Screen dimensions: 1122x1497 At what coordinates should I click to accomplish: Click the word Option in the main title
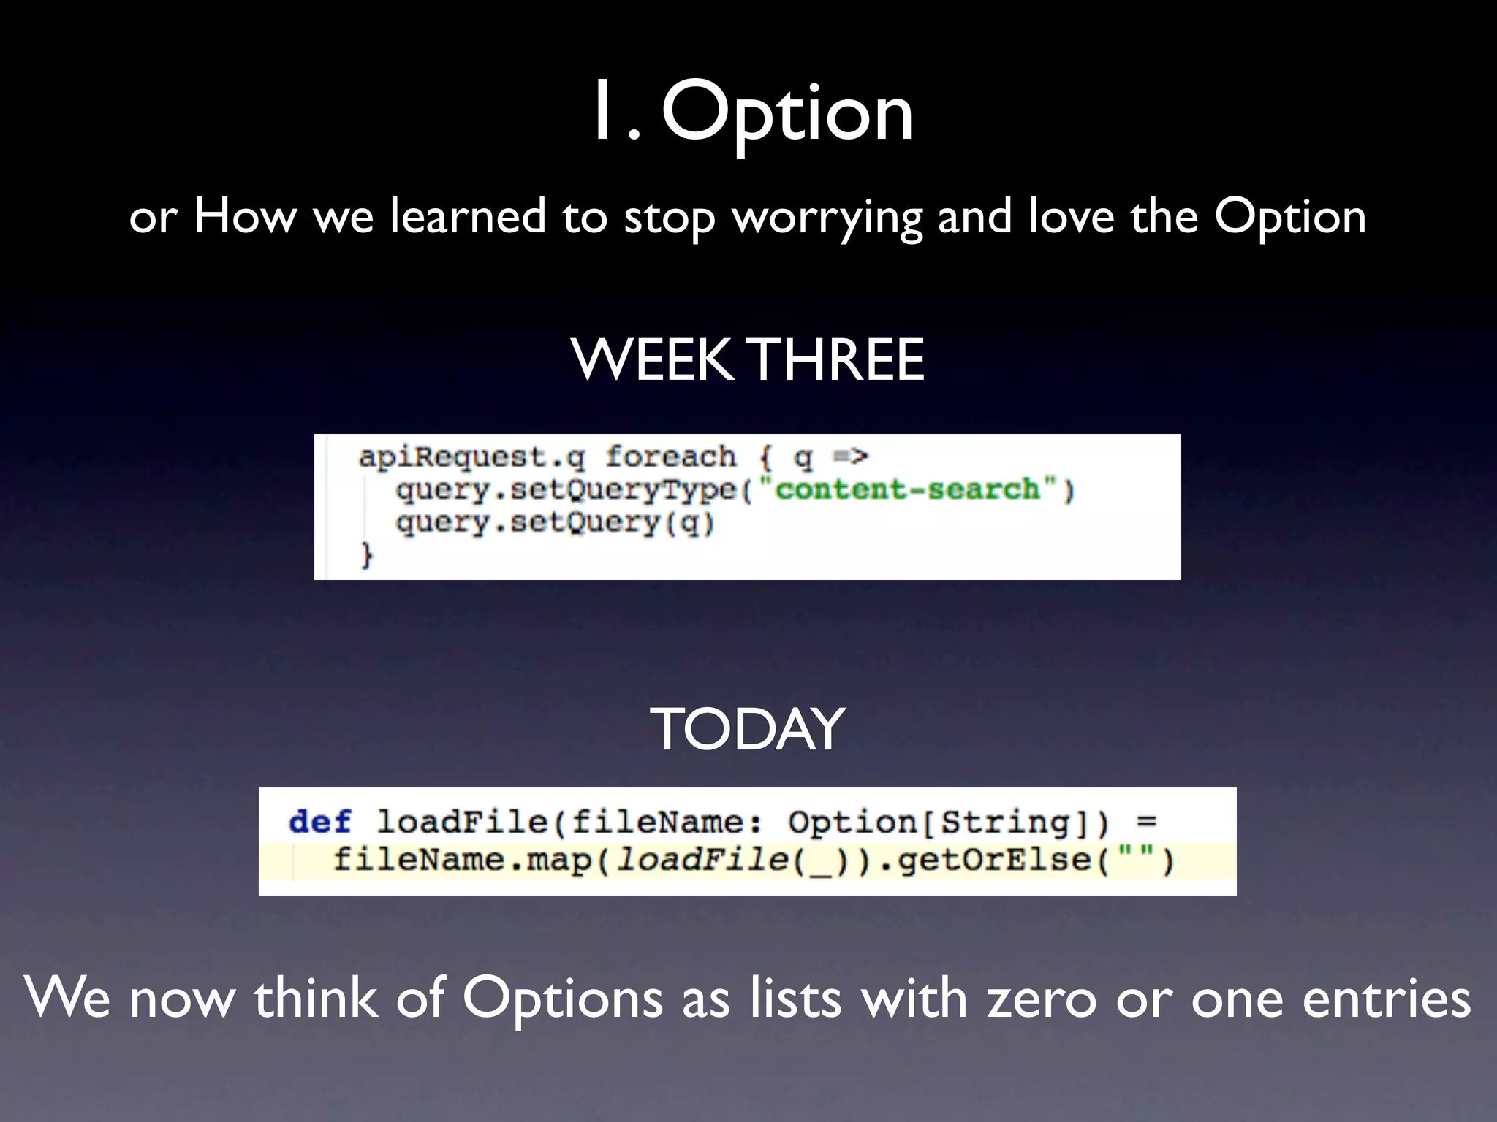coord(787,113)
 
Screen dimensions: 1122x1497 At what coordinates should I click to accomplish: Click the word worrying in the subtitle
coord(827,218)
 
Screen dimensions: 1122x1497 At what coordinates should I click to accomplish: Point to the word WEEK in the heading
coord(652,359)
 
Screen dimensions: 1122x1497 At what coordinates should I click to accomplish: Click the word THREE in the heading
coord(838,359)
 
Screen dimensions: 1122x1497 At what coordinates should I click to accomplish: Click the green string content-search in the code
coord(907,489)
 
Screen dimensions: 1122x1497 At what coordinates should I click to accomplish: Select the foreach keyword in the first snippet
coord(670,457)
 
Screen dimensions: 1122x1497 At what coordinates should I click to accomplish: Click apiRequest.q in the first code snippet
coord(471,458)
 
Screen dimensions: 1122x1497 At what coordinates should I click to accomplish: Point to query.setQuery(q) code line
coord(555,522)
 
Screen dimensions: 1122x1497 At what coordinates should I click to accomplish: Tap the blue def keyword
coord(319,822)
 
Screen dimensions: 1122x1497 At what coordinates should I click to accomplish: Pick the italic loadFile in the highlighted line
coord(702,860)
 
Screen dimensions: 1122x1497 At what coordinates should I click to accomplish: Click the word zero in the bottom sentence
coord(1042,999)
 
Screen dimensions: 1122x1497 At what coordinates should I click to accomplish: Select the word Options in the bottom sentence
coord(563,999)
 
